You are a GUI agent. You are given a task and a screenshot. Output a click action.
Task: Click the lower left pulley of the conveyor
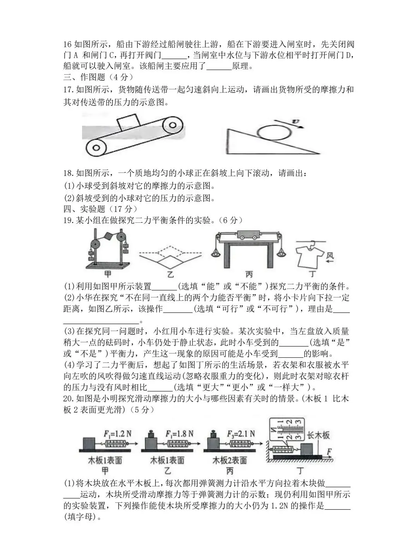(96, 148)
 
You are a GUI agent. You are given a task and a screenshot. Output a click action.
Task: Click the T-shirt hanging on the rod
(309, 255)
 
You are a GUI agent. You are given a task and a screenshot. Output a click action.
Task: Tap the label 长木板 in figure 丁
(319, 435)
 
